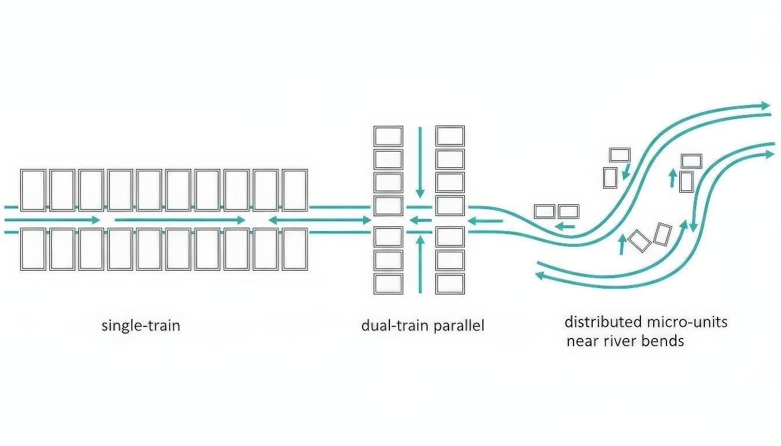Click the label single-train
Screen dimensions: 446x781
pos(141,325)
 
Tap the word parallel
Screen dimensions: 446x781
pos(458,325)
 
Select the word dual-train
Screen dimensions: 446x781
pos(395,325)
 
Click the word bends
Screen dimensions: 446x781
pos(664,341)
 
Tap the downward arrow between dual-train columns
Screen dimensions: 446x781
pos(420,163)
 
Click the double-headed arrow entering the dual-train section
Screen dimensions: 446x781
pos(319,220)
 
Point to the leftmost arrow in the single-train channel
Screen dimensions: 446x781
pos(52,220)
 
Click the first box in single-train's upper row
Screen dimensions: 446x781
pos(33,190)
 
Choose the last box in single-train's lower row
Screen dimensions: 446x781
pos(295,249)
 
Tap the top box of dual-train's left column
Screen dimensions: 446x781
pos(388,136)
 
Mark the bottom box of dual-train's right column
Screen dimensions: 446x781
pos(450,283)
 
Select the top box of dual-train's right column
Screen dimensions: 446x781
pos(450,136)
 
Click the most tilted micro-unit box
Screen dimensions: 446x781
pos(639,241)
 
